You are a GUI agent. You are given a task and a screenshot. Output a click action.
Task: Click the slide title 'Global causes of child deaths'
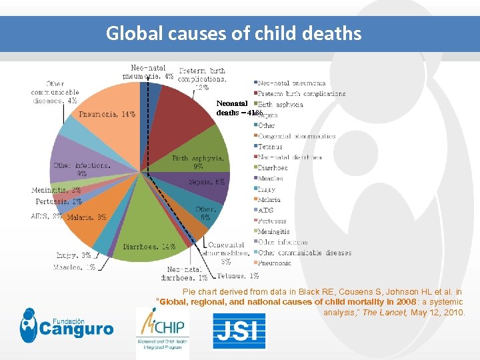(x=233, y=33)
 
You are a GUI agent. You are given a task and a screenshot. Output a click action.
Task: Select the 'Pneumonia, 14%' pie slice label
(x=107, y=114)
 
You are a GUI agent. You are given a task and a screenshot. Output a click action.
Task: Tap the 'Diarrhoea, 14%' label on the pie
(x=149, y=247)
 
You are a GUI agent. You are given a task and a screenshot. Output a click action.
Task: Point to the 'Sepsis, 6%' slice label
(x=207, y=181)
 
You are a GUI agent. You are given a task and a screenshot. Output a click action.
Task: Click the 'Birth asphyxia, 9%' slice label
(x=198, y=162)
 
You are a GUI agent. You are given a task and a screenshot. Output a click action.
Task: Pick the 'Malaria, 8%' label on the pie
(x=87, y=217)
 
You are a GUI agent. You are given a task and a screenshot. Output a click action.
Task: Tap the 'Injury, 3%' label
(x=73, y=255)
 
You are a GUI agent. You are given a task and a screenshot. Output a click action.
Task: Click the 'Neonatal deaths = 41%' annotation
(x=234, y=108)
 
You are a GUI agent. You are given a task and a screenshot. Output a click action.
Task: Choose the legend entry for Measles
(x=272, y=178)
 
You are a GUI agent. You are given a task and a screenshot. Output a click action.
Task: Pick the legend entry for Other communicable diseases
(x=304, y=253)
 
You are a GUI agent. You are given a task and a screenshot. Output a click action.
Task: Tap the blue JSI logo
(x=239, y=331)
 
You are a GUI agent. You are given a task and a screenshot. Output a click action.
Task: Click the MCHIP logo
(x=162, y=331)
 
